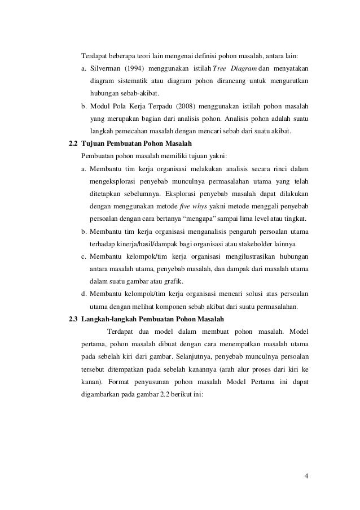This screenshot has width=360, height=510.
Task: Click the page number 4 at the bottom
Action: [305, 475]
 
